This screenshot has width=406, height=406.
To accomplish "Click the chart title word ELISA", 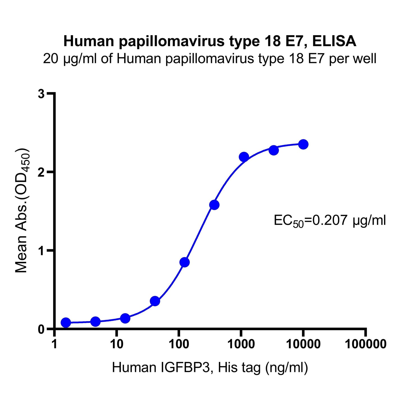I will [x=334, y=41].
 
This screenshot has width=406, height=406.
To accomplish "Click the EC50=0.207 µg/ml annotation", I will [x=330, y=221].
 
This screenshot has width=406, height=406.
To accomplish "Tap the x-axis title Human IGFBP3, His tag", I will [x=210, y=368].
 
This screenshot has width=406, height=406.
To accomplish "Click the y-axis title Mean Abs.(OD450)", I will [x=22, y=210].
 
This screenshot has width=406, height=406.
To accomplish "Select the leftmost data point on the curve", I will [x=66, y=323].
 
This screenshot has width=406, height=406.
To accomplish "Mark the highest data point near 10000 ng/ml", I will [x=303, y=144].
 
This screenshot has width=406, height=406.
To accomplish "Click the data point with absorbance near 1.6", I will [x=214, y=205].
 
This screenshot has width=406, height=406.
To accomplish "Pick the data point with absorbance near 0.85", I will [x=184, y=262].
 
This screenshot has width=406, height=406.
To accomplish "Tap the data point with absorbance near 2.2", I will [x=244, y=157].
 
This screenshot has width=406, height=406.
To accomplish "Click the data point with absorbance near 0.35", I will [x=155, y=301].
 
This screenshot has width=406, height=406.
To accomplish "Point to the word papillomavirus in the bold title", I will [x=172, y=41].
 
